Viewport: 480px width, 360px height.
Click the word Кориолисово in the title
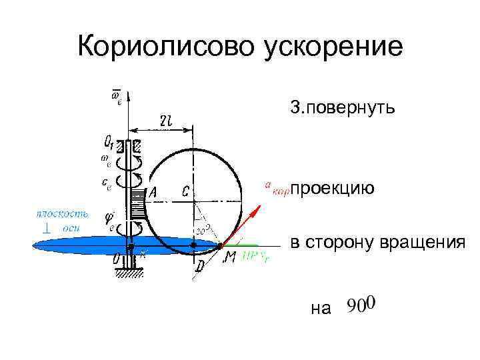(x=163, y=47)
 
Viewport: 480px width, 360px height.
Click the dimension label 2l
(x=166, y=120)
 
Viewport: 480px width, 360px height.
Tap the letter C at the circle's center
(x=186, y=192)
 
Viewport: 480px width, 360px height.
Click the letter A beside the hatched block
(x=153, y=192)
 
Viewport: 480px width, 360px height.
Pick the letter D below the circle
(x=200, y=267)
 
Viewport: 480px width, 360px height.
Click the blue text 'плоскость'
(x=61, y=213)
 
